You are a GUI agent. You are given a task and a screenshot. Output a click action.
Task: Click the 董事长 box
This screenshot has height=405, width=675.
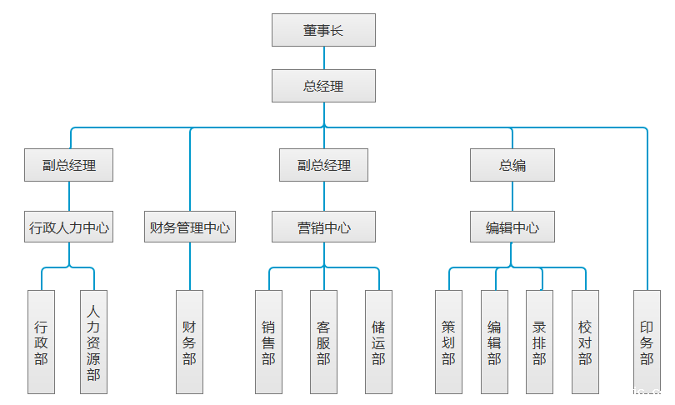[x=323, y=31]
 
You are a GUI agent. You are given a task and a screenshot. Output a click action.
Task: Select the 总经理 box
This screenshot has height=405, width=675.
[x=323, y=86]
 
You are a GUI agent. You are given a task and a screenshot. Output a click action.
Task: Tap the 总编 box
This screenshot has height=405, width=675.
[x=512, y=165]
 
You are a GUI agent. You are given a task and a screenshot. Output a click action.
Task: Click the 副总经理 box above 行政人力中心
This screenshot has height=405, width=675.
[x=69, y=165]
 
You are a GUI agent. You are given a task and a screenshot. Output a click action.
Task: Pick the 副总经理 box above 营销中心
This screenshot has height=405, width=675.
[x=324, y=165]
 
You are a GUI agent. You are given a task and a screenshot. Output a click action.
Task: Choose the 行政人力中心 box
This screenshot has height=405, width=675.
[x=69, y=227]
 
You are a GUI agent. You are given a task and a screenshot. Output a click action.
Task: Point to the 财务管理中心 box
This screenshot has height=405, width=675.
[x=190, y=227]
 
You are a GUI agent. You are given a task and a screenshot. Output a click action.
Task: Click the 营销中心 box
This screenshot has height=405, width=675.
[x=324, y=227]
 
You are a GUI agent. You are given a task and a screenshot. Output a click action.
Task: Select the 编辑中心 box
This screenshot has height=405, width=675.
[x=512, y=227]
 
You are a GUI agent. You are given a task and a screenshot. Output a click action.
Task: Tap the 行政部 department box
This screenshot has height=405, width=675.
[x=41, y=342]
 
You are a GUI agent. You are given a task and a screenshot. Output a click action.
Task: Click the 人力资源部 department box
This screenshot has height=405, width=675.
[x=93, y=342]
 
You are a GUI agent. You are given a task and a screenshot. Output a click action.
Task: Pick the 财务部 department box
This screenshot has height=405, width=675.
[x=190, y=342]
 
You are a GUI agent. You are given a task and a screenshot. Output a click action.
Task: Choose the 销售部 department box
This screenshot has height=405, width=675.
[x=268, y=342]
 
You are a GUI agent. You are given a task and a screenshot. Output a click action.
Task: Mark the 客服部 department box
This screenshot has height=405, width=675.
[x=323, y=342]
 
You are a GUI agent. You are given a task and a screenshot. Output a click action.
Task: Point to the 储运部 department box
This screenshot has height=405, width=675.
[x=378, y=342]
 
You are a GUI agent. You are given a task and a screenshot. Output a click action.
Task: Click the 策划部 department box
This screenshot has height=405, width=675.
[x=449, y=342]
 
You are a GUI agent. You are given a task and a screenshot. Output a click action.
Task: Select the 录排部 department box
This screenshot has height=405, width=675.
[x=539, y=342]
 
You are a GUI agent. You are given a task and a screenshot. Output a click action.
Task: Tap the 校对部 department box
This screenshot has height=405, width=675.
[x=585, y=342]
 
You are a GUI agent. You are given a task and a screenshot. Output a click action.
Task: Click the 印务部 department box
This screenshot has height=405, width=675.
[x=647, y=342]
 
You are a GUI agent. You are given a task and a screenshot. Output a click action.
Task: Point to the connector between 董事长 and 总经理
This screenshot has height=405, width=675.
[x=323, y=57]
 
